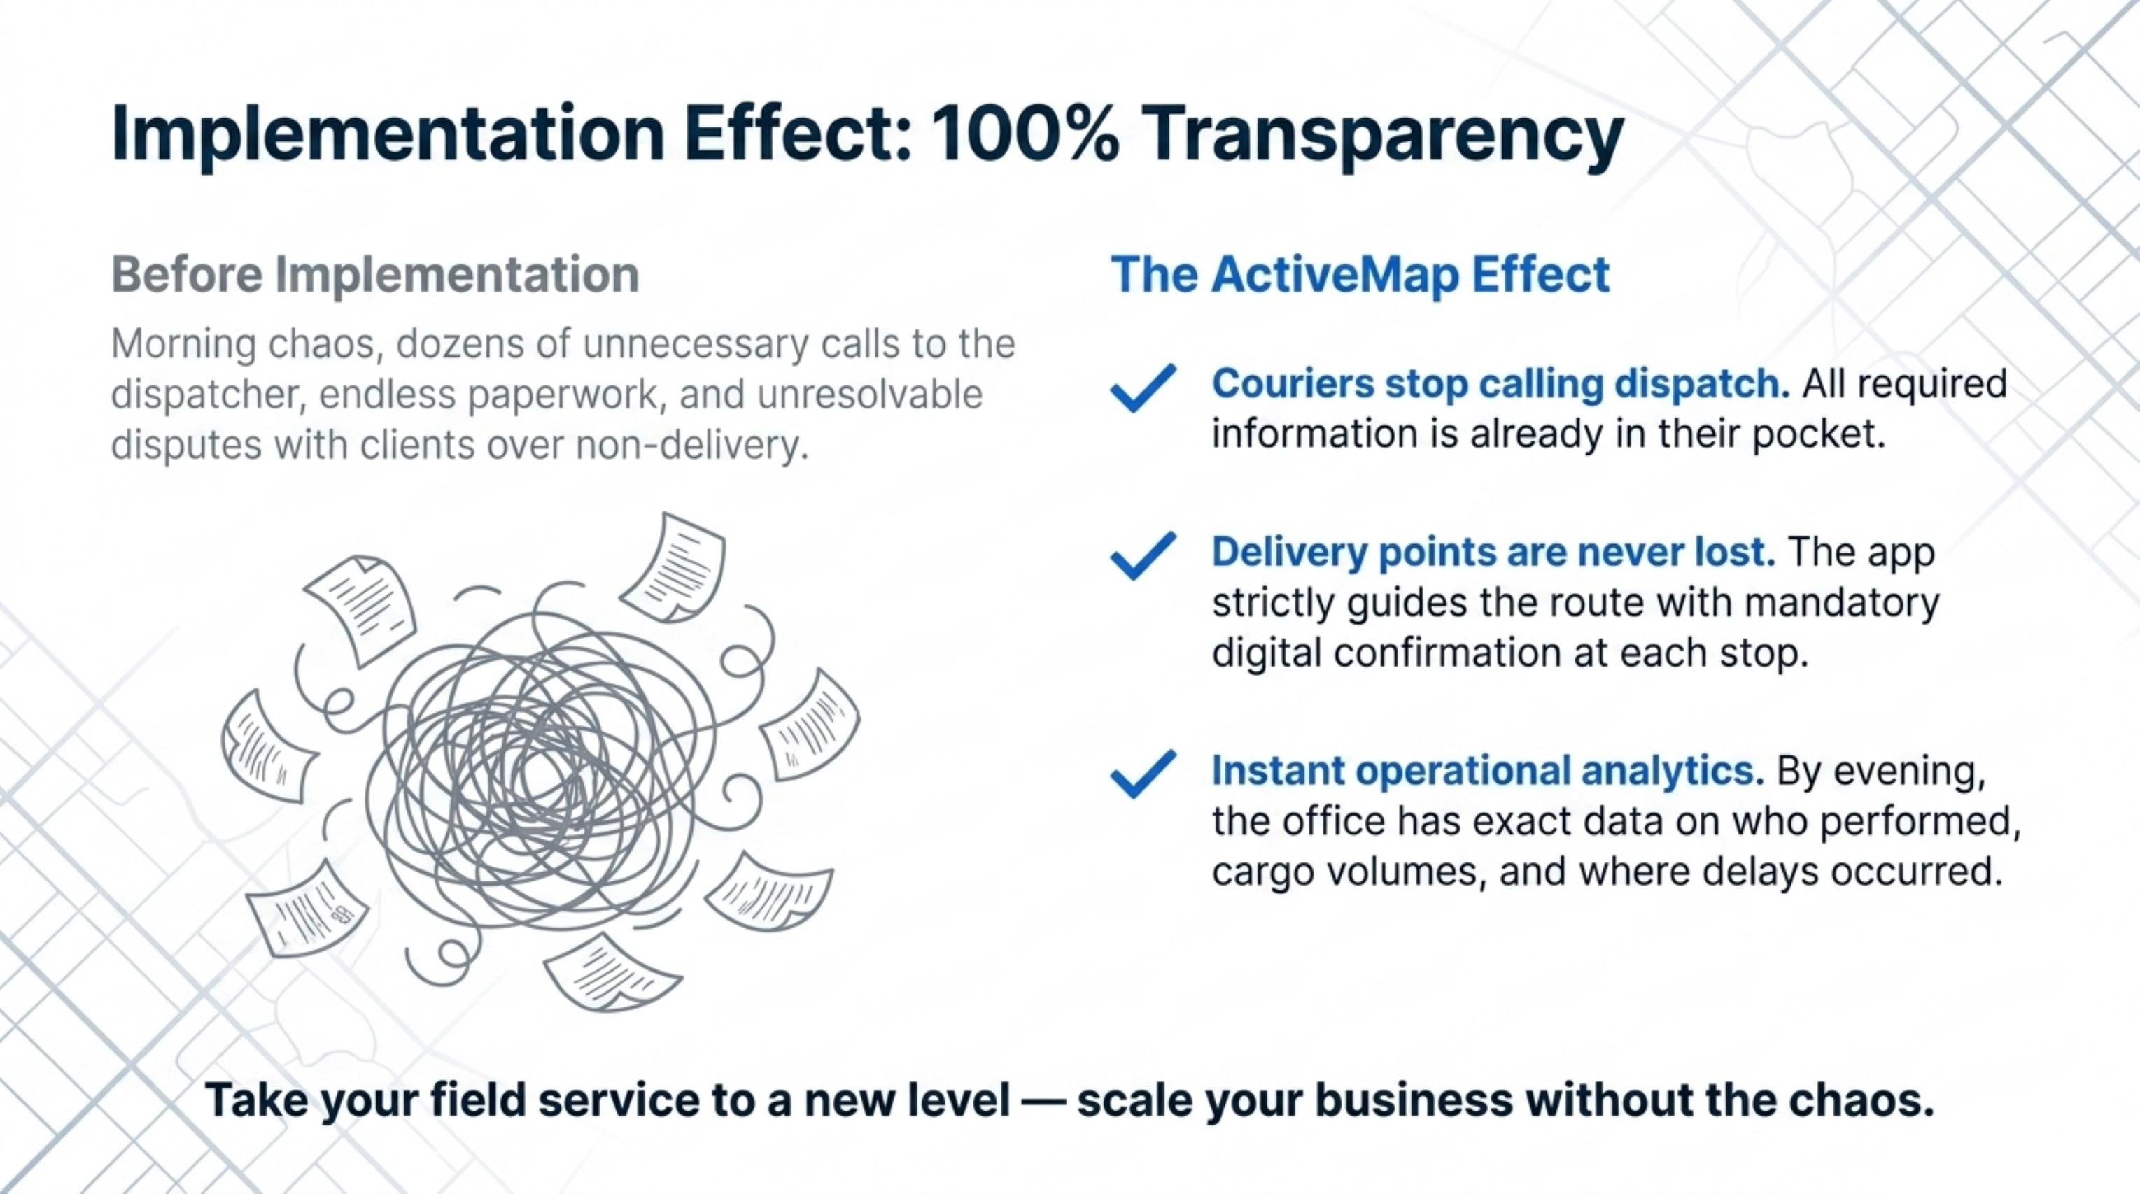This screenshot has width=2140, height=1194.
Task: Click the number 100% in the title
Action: [1025, 134]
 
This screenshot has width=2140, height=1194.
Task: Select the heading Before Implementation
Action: [374, 275]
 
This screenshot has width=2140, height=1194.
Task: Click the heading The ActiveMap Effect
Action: [1360, 275]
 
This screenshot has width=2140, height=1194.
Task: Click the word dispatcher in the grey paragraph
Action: [204, 395]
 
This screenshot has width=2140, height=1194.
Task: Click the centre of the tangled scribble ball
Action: [540, 768]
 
